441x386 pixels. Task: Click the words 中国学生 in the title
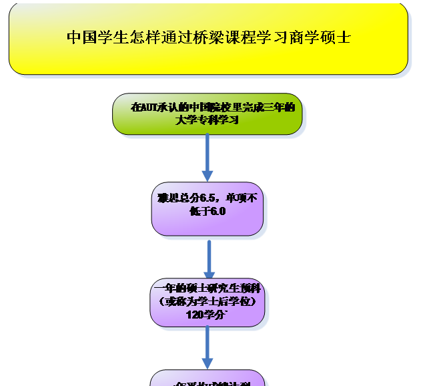pyautogui.click(x=92, y=37)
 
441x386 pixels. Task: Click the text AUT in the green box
pyautogui.click(x=147, y=107)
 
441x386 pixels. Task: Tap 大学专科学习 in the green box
pyautogui.click(x=207, y=121)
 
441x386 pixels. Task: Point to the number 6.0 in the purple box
pyautogui.click(x=218, y=212)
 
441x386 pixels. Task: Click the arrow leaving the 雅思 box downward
pyautogui.click(x=209, y=258)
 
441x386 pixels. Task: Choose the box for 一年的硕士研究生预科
pyautogui.click(x=207, y=302)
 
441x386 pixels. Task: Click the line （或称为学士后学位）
pyautogui.click(x=207, y=301)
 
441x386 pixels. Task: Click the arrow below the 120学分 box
pyautogui.click(x=207, y=347)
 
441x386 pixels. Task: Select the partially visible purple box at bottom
pyautogui.click(x=207, y=379)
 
